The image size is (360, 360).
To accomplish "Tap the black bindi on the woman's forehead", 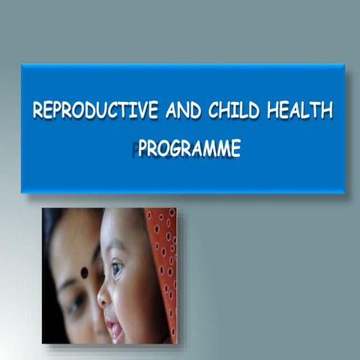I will [x=84, y=271].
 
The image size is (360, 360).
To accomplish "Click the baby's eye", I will [x=116, y=268].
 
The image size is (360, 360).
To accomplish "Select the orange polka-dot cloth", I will [x=162, y=255].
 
